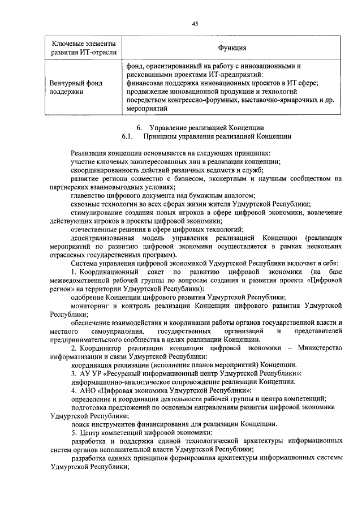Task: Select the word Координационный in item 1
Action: pos(109,272)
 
